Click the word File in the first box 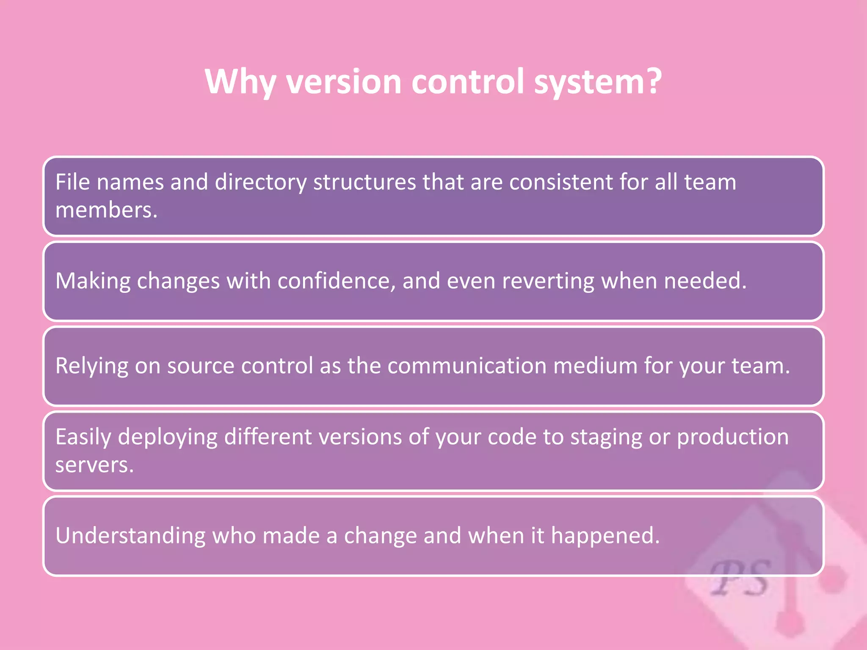(x=73, y=182)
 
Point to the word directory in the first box (x=260, y=183)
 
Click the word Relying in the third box (x=91, y=366)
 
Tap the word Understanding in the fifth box (x=130, y=536)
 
